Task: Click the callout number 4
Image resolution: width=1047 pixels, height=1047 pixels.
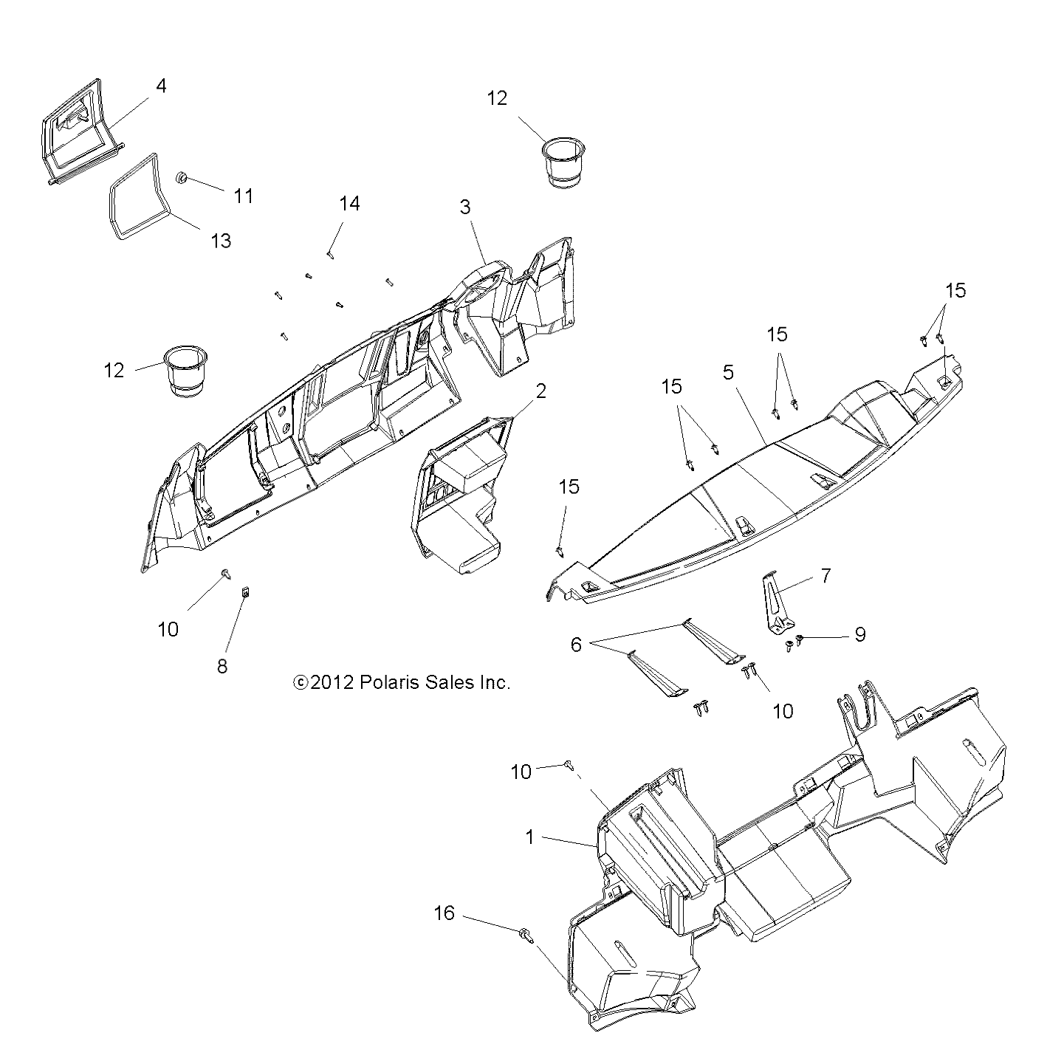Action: click(x=160, y=86)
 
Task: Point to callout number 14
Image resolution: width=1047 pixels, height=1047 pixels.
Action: click(x=349, y=204)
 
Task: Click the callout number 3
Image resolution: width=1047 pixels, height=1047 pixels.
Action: click(x=465, y=207)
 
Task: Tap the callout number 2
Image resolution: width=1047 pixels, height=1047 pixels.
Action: click(x=540, y=391)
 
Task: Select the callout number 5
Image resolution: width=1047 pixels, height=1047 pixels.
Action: click(x=729, y=372)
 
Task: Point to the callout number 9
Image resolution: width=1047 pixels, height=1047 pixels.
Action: click(x=859, y=634)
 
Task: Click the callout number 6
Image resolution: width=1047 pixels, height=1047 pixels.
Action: click(x=576, y=645)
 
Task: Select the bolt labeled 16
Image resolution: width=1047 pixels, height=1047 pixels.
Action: click(x=525, y=935)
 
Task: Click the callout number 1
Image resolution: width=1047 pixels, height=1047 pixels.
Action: click(x=529, y=837)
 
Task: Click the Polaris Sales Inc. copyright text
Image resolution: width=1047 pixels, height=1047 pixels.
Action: click(x=402, y=683)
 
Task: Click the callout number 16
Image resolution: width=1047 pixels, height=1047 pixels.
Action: click(x=444, y=914)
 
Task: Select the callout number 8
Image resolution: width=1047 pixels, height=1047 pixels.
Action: click(x=222, y=666)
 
